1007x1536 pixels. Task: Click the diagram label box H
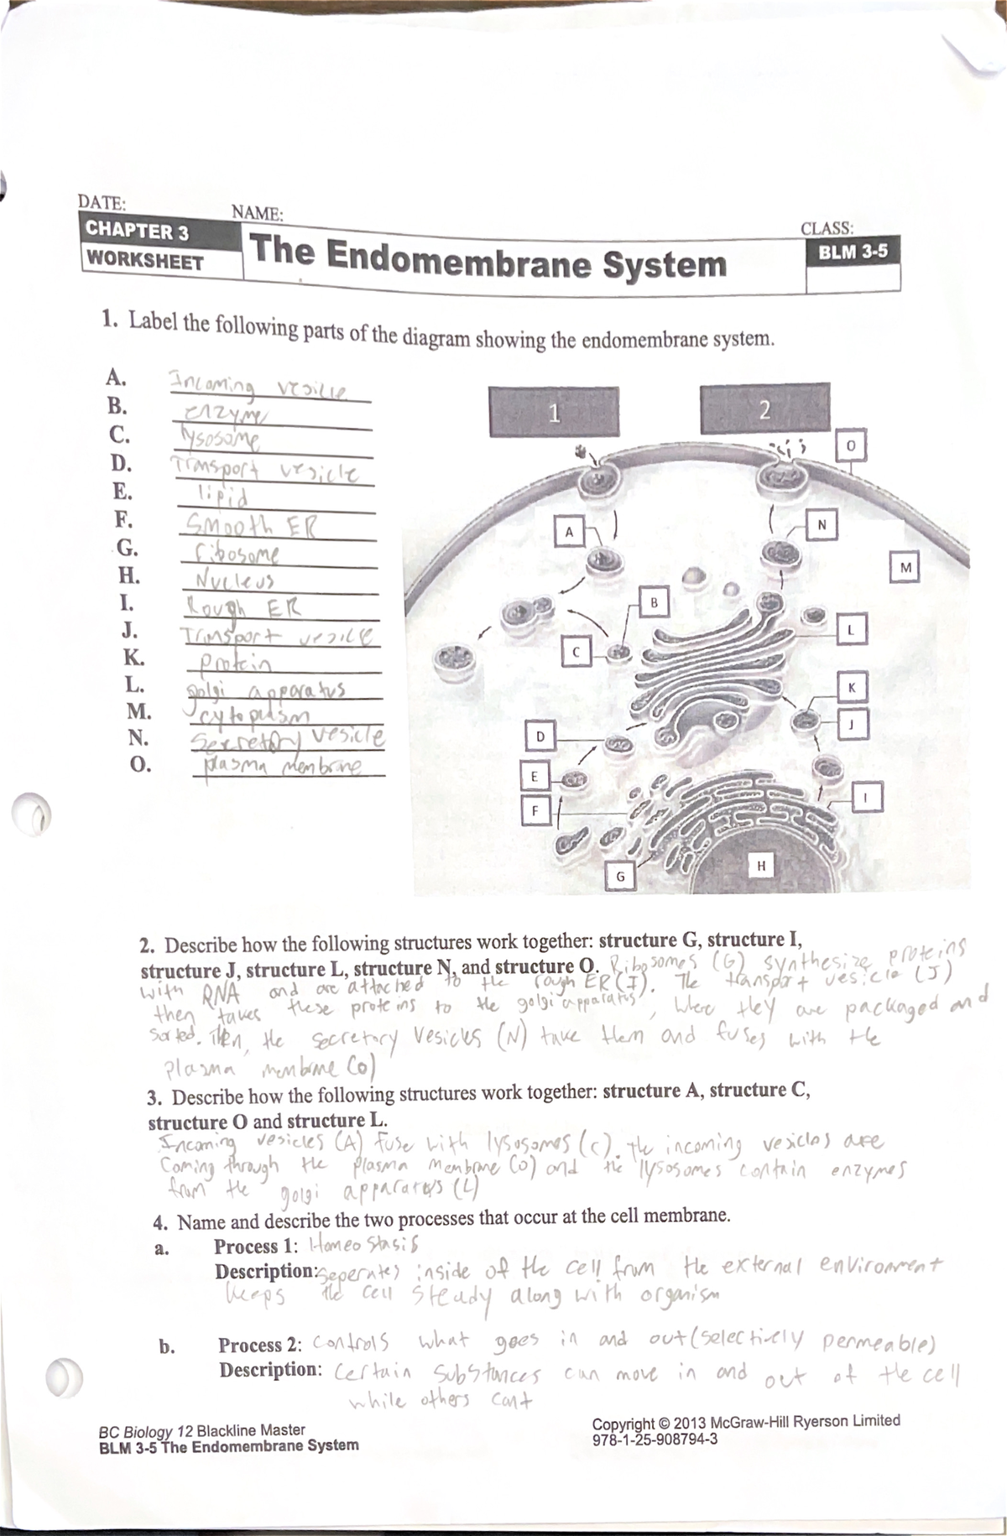761,865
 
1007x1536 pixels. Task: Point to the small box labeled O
849,446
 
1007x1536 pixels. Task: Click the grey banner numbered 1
552,412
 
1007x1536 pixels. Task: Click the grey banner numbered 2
763,410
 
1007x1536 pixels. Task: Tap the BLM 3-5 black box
853,252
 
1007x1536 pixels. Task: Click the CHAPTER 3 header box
137,230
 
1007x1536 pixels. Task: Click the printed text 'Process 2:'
261,1345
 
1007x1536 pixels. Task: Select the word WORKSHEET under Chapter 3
145,260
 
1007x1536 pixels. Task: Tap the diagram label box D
540,737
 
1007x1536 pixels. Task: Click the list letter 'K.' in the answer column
134,658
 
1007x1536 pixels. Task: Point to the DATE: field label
102,202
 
